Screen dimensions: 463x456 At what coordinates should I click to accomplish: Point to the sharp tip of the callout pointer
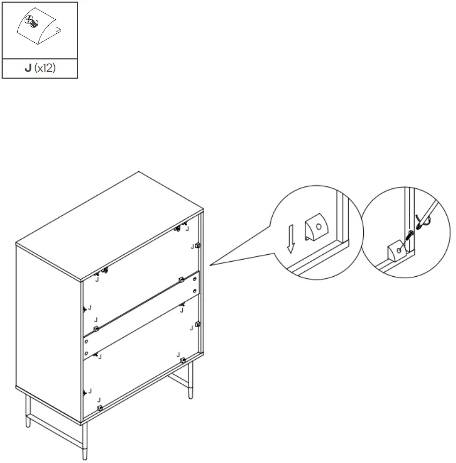click(x=210, y=264)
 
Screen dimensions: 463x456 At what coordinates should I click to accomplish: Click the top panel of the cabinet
click(x=110, y=225)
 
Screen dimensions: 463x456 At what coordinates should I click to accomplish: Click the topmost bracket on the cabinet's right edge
click(x=198, y=246)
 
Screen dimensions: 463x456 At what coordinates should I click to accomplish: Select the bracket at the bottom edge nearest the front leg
click(x=100, y=408)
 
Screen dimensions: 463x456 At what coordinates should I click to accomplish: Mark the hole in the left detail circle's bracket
click(x=319, y=226)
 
